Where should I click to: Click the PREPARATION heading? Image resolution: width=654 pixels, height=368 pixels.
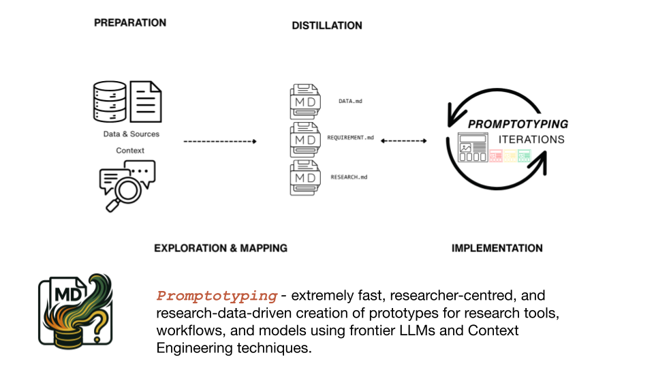(129, 22)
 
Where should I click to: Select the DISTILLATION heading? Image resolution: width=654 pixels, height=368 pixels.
(327, 26)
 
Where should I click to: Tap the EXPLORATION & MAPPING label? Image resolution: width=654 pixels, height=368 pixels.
(220, 248)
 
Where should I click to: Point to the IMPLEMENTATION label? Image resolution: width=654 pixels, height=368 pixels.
(497, 248)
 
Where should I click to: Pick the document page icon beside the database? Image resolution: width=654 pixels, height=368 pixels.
(146, 102)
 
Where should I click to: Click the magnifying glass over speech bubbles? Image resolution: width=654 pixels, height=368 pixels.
(125, 186)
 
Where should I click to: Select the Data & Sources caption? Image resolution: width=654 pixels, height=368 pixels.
(131, 134)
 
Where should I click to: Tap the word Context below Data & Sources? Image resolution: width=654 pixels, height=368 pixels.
(129, 150)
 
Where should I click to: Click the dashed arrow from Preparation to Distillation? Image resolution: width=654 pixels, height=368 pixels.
(219, 142)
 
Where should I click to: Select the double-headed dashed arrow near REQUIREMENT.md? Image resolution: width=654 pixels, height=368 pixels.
(403, 141)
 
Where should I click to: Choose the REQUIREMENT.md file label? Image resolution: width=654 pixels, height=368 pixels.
(350, 138)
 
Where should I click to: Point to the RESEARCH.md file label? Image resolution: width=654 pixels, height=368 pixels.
(349, 177)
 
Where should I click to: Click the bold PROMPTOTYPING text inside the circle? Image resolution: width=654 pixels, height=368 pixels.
(518, 125)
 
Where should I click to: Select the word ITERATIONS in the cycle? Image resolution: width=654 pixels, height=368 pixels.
(531, 140)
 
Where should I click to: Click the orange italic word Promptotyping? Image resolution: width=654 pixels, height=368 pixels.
(217, 296)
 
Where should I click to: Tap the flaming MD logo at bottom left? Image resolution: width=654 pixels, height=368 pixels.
(75, 311)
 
